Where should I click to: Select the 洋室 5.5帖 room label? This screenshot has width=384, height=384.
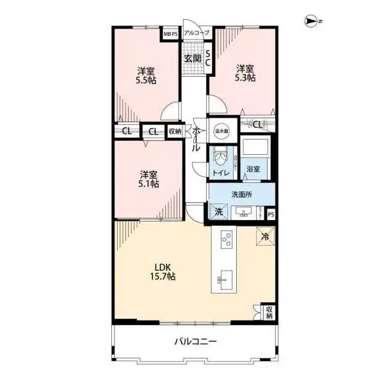pyautogui.click(x=146, y=76)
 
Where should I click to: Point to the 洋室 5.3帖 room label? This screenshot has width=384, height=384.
pyautogui.click(x=245, y=73)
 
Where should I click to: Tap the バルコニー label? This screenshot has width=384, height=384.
pyautogui.click(x=196, y=342)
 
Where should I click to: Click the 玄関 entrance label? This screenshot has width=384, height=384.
pyautogui.click(x=193, y=58)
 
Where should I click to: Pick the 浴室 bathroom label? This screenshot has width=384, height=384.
pyautogui.click(x=253, y=169)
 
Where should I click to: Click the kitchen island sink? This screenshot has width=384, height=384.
pyautogui.click(x=225, y=278)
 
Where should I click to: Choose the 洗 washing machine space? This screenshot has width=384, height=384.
pyautogui.click(x=218, y=211)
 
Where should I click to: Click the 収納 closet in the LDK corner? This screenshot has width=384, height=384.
pyautogui.click(x=269, y=312)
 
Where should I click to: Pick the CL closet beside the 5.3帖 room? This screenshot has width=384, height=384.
pyautogui.click(x=257, y=124)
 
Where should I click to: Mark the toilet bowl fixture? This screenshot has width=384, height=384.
pyautogui.click(x=220, y=155)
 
